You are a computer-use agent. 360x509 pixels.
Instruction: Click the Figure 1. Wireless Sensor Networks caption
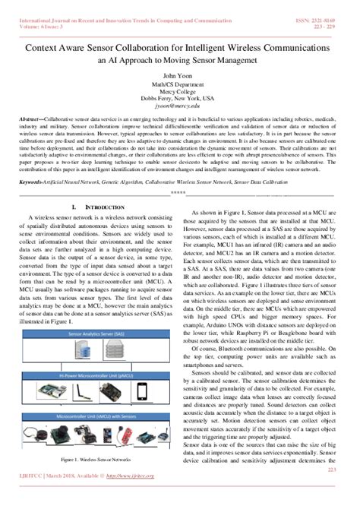pos(97,460)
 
